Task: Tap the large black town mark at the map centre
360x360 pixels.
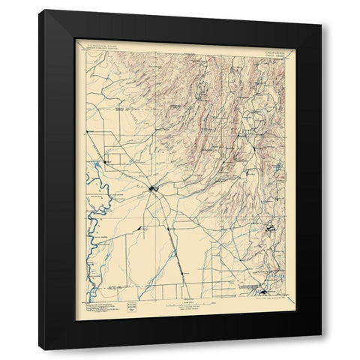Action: (x=152, y=188)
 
